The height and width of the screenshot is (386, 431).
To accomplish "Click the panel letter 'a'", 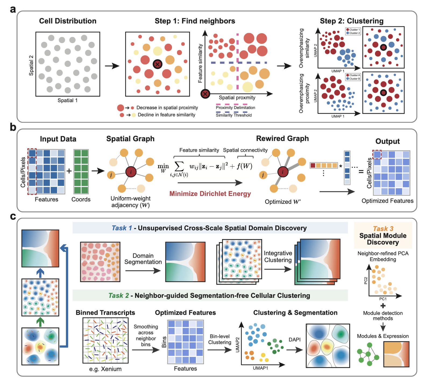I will (13, 9).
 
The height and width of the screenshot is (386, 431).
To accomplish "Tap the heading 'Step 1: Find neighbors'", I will (195, 21).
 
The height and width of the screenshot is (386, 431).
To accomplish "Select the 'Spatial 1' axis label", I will (67, 100).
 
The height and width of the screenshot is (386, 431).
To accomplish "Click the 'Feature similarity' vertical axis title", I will (200, 64).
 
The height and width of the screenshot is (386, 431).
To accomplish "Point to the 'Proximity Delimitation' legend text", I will (235, 108).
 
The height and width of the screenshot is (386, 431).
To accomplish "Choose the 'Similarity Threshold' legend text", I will (234, 115).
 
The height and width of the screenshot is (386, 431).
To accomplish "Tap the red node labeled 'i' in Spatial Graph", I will (131, 172).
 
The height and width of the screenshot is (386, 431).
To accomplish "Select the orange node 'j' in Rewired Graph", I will (263, 175).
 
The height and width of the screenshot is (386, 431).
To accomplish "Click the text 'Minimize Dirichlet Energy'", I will (210, 194).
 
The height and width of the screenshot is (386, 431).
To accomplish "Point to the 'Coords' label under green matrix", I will (81, 199).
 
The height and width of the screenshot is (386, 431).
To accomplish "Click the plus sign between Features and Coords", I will (69, 171).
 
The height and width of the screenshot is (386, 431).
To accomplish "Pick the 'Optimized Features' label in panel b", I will (387, 201).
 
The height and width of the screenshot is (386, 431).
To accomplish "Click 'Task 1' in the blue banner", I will (122, 228).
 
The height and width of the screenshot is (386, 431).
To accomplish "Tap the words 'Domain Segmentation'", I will (143, 259).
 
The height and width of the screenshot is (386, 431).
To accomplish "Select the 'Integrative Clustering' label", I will (278, 256).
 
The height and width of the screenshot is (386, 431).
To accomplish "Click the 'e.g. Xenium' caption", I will (105, 369).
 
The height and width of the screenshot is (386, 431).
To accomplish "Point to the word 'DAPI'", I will (294, 340).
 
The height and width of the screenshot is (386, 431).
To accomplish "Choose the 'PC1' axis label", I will (383, 299).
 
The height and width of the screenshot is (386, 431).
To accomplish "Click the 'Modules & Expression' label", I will (383, 336).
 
